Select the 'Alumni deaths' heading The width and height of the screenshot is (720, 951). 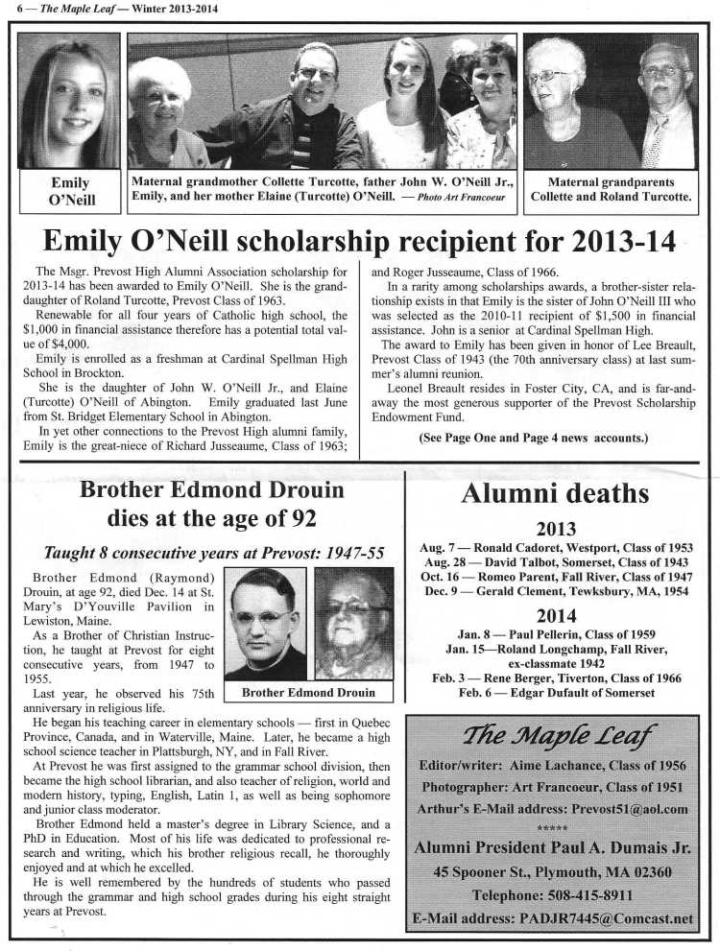[555, 493]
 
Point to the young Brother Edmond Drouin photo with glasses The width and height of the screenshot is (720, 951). [265, 625]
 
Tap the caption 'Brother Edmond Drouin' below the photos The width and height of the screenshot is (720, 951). [308, 692]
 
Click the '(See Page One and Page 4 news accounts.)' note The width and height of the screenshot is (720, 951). [534, 438]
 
